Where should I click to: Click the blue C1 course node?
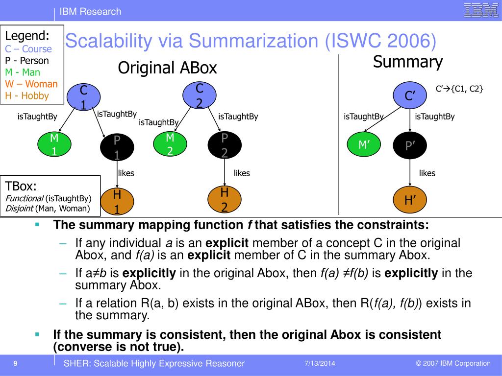click(84, 97)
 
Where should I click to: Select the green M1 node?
click(54, 144)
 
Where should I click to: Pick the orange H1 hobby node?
click(117, 201)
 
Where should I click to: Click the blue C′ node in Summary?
click(410, 96)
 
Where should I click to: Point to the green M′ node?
click(363, 145)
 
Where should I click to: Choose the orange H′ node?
click(410, 200)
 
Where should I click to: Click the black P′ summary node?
click(410, 145)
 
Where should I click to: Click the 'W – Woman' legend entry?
click(31, 84)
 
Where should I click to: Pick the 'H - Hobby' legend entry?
click(27, 96)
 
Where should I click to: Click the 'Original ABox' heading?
click(167, 68)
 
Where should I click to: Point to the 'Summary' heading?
click(407, 62)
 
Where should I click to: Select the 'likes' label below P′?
click(427, 173)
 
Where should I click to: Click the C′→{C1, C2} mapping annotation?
click(459, 89)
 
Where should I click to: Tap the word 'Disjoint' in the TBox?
click(19, 209)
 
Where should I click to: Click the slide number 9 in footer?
click(16, 363)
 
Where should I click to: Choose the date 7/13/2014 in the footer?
click(320, 363)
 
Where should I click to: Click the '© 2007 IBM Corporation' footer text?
click(453, 363)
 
